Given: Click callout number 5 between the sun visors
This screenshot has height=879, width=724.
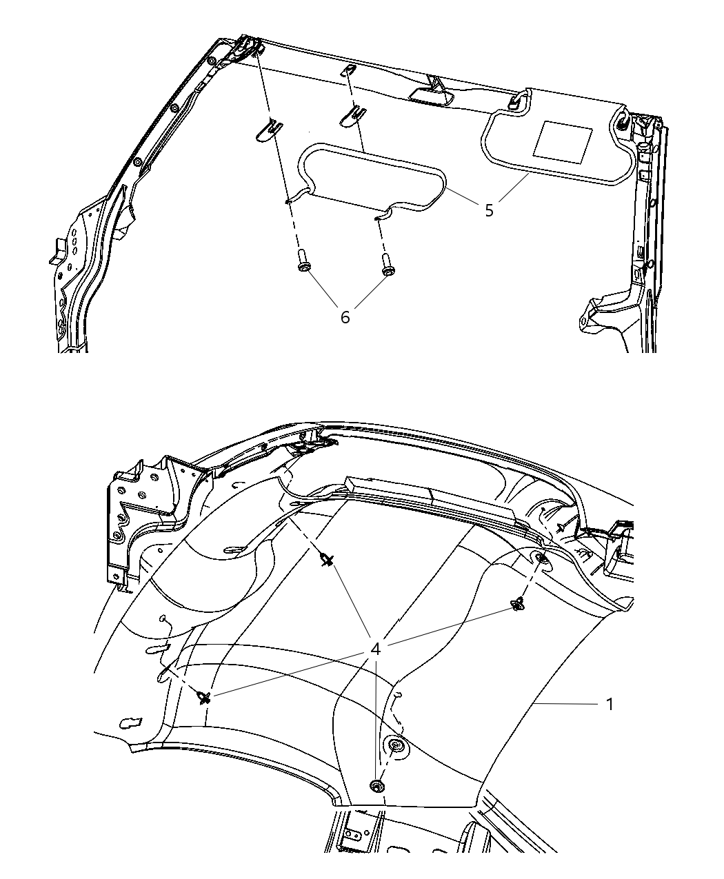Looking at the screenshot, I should point(489,210).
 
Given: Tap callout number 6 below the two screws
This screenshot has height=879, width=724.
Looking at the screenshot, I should point(345,316).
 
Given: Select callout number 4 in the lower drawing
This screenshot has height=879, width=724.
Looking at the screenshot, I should point(376,649).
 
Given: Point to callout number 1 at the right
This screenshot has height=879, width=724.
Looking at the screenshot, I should point(609,704).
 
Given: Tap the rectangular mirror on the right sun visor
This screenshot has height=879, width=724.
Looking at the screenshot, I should point(563,139).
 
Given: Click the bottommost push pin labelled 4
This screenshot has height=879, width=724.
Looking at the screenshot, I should point(376,786).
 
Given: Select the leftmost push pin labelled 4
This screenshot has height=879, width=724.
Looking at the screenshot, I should point(203,698).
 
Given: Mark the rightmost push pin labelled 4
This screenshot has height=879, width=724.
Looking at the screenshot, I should point(517,605).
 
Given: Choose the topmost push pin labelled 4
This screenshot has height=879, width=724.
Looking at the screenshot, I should point(327,560).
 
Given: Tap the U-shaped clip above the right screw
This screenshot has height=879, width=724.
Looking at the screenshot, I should point(352,114).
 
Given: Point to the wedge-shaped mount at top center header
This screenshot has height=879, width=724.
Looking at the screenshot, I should point(430,90).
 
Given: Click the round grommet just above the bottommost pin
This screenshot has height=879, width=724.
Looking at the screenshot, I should point(396,746).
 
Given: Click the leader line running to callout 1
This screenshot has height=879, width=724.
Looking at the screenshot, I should point(565,703).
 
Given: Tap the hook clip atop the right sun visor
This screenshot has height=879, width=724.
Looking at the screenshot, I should point(519,100).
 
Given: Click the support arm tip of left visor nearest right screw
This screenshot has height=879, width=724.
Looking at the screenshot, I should point(380,216).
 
